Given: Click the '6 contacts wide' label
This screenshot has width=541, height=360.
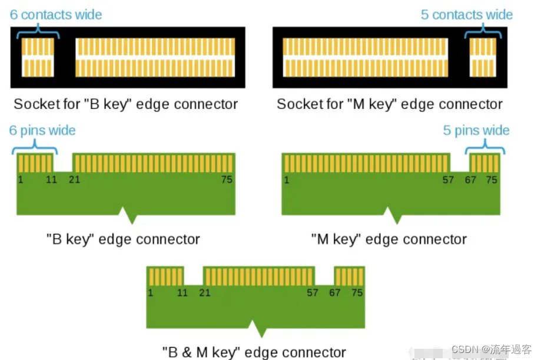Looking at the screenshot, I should [x=56, y=15].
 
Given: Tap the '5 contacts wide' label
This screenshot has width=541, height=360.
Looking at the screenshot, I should [x=467, y=15].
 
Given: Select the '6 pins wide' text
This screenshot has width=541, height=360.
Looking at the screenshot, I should [x=42, y=130].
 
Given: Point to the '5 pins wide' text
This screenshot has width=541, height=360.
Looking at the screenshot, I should [x=476, y=130].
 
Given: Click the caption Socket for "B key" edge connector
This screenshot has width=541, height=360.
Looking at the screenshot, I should [x=126, y=105].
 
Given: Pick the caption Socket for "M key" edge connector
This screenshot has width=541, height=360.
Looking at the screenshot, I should [x=390, y=105].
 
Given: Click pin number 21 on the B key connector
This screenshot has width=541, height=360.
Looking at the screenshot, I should [x=74, y=180].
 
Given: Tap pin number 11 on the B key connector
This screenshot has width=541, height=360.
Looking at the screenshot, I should [x=52, y=180].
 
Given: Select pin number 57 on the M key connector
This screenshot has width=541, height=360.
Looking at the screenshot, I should [x=449, y=180].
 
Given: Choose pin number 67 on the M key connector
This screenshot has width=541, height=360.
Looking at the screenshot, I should [x=470, y=180].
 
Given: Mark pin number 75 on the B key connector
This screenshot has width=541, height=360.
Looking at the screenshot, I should [x=227, y=180].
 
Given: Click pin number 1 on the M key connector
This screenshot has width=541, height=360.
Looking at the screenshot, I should [x=287, y=180].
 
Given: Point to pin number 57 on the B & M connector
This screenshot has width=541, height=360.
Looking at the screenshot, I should [x=313, y=293].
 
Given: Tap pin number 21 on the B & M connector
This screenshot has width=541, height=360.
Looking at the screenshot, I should [x=205, y=293].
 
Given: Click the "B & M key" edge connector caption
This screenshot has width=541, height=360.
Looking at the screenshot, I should [x=254, y=352].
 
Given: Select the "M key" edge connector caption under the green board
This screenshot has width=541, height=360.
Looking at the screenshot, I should [x=389, y=239].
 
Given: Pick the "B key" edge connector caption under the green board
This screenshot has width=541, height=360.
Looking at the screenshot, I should [x=124, y=239].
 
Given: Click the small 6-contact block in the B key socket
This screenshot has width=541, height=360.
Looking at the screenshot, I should [x=38, y=57].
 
